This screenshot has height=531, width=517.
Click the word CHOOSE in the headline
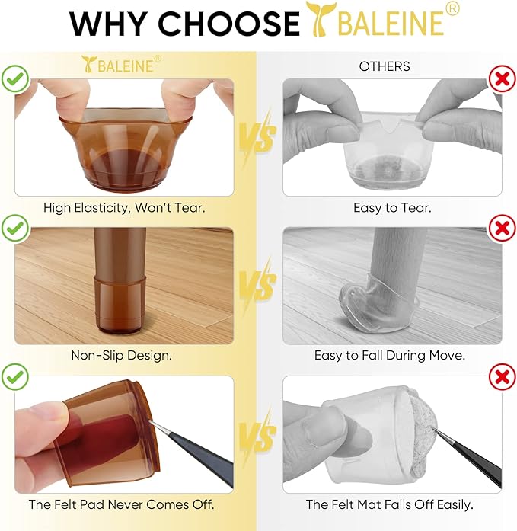(x=228, y=23)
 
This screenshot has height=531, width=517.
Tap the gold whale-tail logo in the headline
(x=321, y=19)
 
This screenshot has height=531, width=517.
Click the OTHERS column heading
(x=385, y=66)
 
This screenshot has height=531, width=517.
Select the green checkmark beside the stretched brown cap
(x=15, y=79)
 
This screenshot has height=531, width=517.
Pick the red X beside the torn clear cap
(x=502, y=79)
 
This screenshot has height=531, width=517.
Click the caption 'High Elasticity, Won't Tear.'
(x=124, y=207)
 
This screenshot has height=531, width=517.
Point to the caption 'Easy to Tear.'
(x=392, y=207)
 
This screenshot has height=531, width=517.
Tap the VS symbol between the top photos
(x=258, y=136)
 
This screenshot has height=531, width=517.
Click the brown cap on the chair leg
(x=120, y=303)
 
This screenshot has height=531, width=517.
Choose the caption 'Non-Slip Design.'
(x=122, y=355)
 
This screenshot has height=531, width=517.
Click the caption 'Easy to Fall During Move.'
(x=390, y=355)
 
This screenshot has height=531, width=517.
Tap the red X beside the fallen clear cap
(x=502, y=228)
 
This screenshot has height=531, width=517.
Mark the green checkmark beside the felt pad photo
(x=15, y=377)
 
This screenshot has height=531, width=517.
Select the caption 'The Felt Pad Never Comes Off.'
(x=122, y=504)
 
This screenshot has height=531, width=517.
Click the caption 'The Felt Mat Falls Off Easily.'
(x=389, y=504)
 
